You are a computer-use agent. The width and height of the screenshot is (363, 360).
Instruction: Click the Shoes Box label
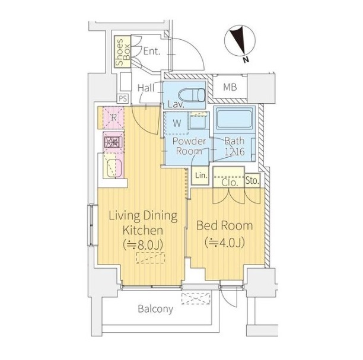123,52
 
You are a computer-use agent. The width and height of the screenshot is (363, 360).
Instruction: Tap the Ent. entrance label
152,51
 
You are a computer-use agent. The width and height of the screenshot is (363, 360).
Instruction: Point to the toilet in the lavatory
192,95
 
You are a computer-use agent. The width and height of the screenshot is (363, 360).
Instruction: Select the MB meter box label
230,87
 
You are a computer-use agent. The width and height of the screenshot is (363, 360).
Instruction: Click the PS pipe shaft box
123,98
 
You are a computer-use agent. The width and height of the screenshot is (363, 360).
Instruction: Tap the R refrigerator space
113,117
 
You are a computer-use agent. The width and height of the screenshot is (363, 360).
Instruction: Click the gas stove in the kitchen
113,142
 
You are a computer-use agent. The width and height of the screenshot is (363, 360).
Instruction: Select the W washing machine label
177,123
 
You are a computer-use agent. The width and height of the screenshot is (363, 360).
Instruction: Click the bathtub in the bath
234,119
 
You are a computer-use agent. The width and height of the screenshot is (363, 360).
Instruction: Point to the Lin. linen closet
200,176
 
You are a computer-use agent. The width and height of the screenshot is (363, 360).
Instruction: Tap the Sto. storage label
252,180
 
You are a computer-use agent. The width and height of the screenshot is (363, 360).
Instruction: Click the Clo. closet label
230,183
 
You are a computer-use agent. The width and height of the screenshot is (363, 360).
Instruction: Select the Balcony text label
155,309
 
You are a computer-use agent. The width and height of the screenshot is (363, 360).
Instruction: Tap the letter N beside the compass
246,60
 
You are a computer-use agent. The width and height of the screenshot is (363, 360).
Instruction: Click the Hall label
146,88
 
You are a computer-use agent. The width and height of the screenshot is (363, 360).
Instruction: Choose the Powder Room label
189,146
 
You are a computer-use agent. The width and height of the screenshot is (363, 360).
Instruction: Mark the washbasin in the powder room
198,122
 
